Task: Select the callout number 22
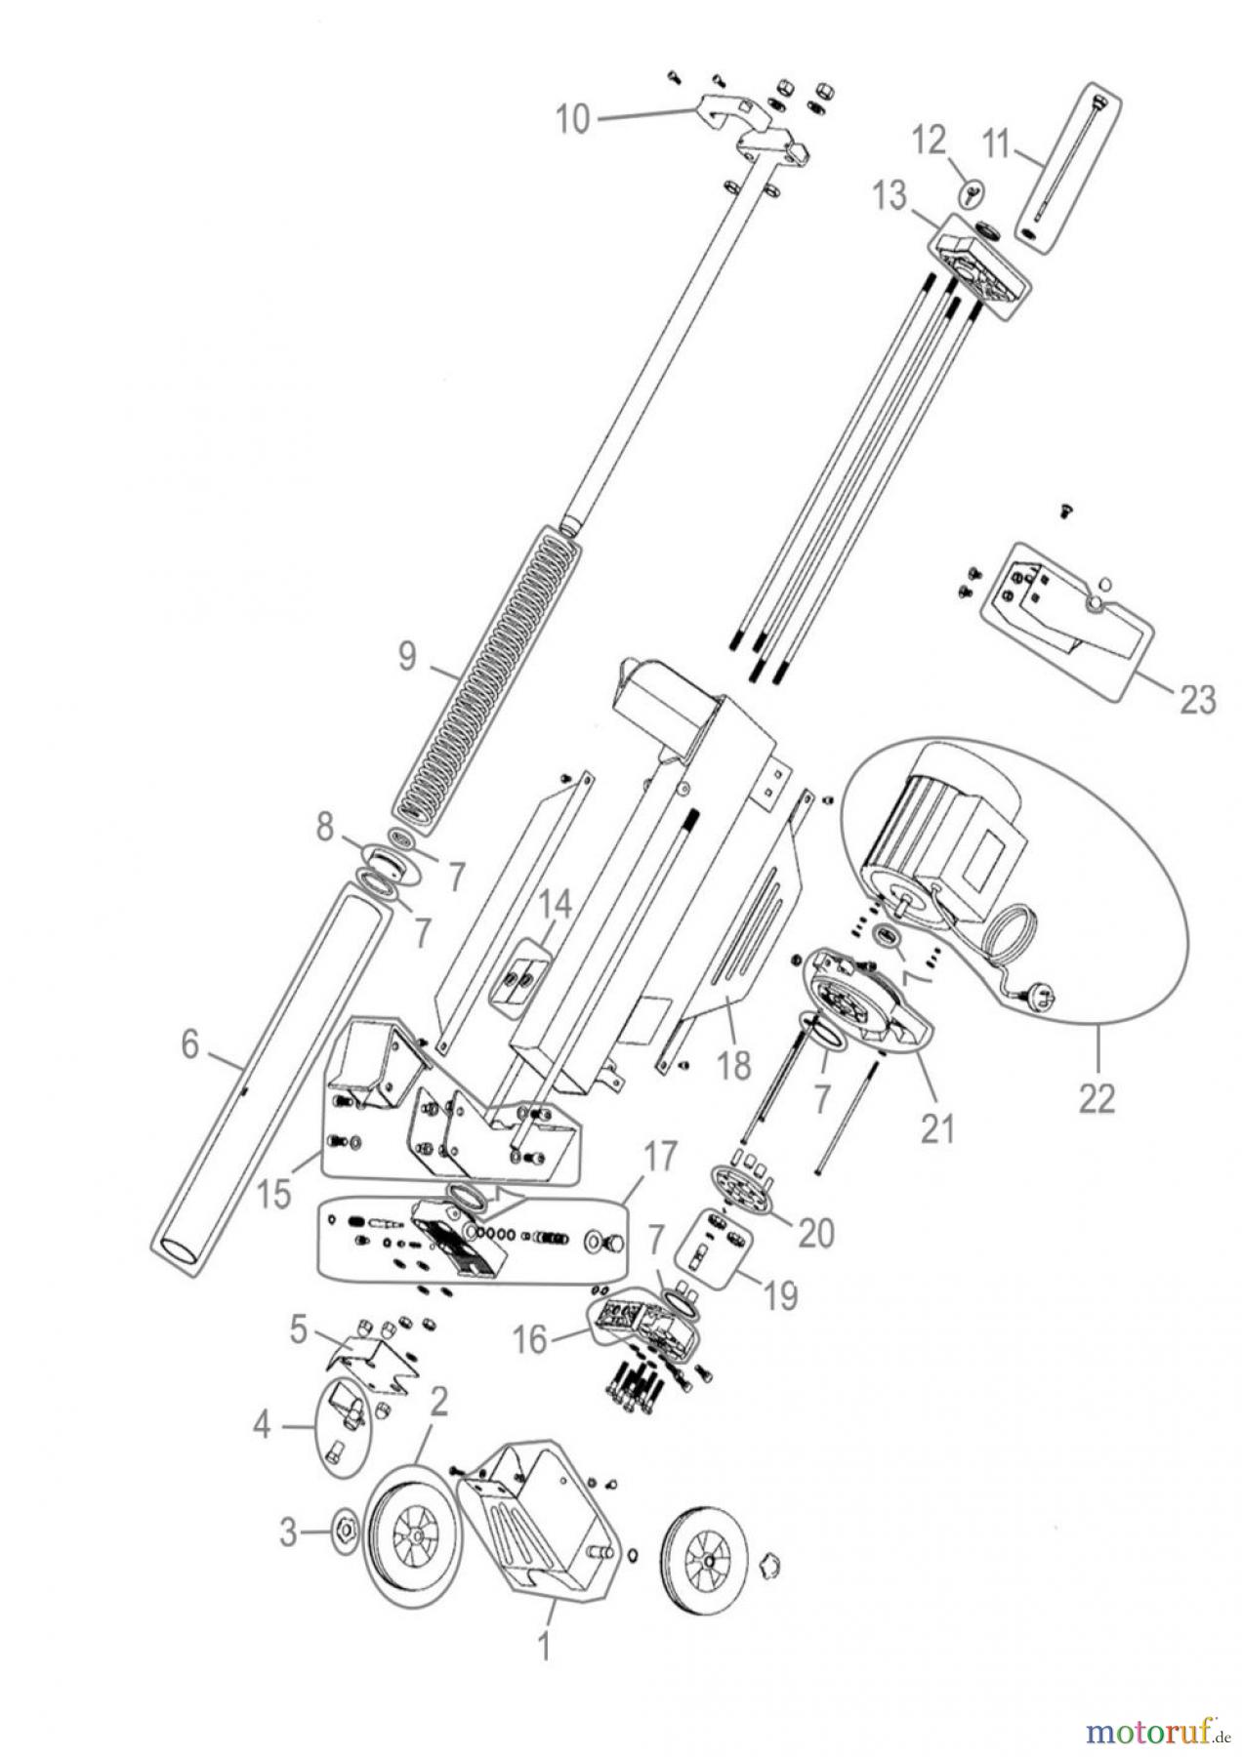point(1097,1098)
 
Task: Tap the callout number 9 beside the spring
point(406,656)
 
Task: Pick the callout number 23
point(1198,698)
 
